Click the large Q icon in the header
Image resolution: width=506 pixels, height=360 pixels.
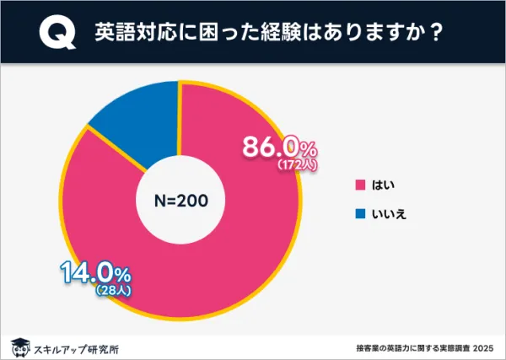[x=56, y=33]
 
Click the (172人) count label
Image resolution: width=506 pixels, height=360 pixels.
[x=296, y=166]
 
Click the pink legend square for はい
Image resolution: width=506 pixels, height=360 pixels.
[x=360, y=185]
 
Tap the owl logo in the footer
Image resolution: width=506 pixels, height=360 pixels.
[x=19, y=347]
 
